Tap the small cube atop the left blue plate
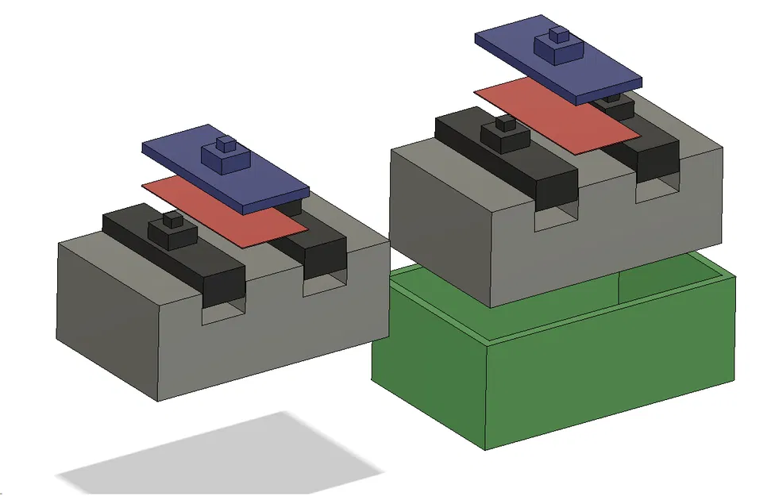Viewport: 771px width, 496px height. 226,144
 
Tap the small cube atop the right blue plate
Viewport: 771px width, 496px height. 560,35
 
